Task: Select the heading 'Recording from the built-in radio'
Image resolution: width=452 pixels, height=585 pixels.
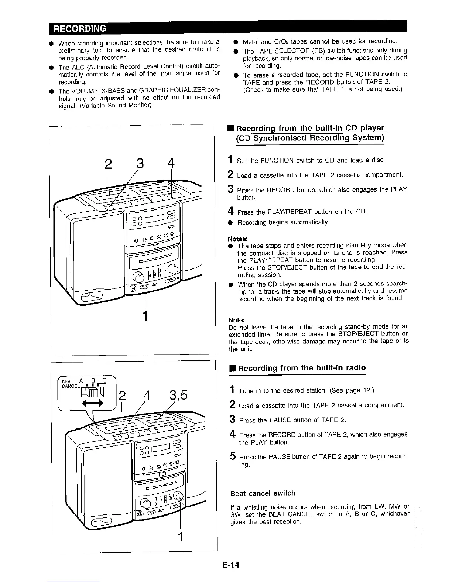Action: pyautogui.click(x=302, y=368)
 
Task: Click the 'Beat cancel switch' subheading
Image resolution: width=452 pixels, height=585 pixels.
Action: pyautogui.click(x=263, y=493)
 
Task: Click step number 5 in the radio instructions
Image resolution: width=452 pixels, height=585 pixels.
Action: pyautogui.click(x=233, y=456)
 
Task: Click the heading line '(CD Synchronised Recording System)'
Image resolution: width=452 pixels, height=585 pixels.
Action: pyautogui.click(x=310, y=138)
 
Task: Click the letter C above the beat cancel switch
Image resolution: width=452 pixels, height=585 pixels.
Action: pyautogui.click(x=104, y=380)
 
